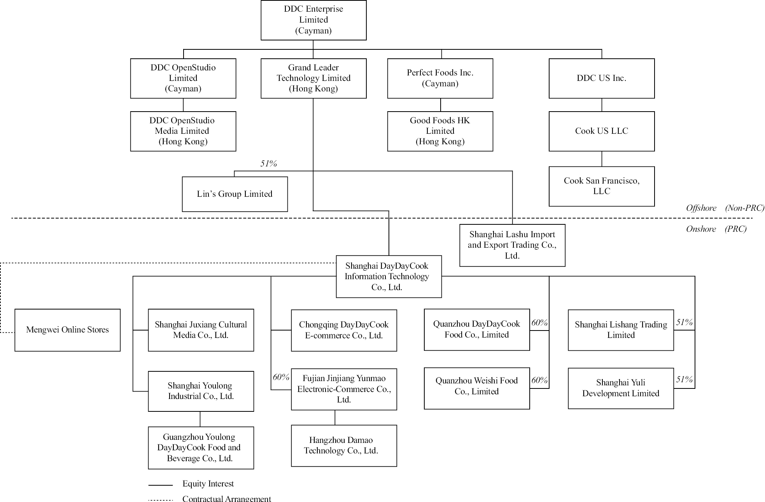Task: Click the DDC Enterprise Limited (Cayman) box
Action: click(x=313, y=20)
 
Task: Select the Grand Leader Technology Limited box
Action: click(x=313, y=78)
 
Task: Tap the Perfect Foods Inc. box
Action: click(x=440, y=78)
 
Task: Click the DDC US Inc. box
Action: click(x=601, y=78)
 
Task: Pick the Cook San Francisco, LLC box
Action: click(x=601, y=186)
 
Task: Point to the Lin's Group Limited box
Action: click(x=235, y=194)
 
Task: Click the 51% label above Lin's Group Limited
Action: click(x=268, y=164)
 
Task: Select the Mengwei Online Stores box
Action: click(x=67, y=330)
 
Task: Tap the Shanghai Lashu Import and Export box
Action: click(x=512, y=245)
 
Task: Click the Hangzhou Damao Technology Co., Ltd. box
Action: click(x=344, y=445)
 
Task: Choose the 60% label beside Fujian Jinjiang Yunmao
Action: click(x=281, y=377)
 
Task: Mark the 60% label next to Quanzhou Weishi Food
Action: click(x=539, y=380)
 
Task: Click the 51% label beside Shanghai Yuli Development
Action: click(x=684, y=379)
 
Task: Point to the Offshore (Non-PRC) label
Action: click(x=725, y=208)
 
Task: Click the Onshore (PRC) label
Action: click(x=716, y=229)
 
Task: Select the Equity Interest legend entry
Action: click(x=208, y=484)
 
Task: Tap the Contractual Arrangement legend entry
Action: click(x=226, y=499)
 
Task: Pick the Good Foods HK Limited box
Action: click(x=440, y=131)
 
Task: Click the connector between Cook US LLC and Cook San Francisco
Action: click(x=602, y=159)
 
